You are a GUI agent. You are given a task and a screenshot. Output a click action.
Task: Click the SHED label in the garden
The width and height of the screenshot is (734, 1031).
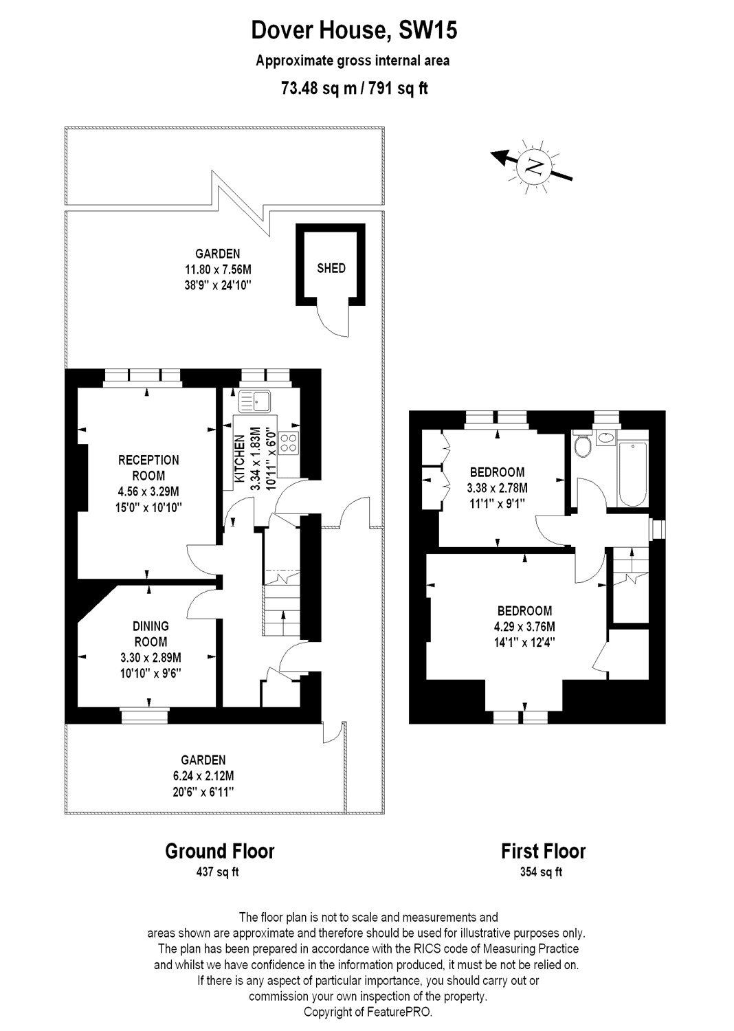[331, 268]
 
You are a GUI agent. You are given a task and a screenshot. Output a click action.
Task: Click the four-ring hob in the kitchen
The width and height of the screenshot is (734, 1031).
[289, 443]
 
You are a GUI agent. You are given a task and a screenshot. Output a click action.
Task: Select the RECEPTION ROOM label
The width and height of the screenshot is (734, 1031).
[148, 467]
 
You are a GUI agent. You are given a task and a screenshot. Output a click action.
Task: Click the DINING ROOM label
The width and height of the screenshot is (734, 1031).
[151, 634]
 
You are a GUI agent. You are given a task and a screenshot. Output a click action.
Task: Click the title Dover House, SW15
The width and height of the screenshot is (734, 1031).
[353, 31]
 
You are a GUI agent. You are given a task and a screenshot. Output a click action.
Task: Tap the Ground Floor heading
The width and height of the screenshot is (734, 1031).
[219, 851]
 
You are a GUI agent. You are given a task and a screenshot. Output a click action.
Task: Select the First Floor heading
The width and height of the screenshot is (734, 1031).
[543, 851]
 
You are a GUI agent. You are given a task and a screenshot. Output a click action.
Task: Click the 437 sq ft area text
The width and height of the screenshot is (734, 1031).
[219, 872]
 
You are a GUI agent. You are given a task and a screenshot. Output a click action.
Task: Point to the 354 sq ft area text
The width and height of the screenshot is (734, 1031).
[543, 872]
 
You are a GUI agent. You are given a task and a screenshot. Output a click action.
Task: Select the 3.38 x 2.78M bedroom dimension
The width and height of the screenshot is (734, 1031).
[497, 488]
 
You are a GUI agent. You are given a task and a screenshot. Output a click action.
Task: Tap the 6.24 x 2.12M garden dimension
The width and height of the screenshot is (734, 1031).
[203, 776]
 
